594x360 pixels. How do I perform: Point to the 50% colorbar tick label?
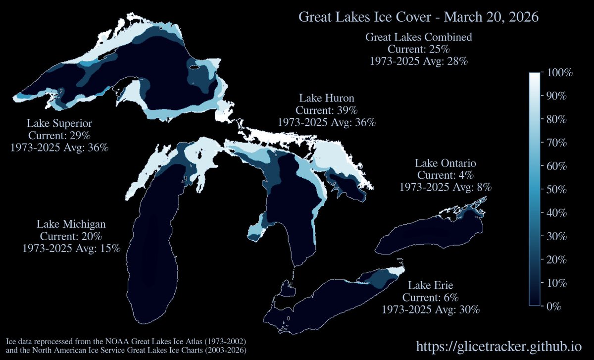pyautogui.click(x=557, y=190)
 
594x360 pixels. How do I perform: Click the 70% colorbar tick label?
pyautogui.click(x=557, y=143)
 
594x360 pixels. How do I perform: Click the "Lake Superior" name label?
pyautogui.click(x=59, y=123)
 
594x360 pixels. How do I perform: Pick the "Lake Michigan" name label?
pyautogui.click(x=71, y=224)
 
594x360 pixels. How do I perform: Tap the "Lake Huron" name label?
pyautogui.click(x=327, y=98)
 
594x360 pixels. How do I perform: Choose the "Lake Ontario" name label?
pyautogui.click(x=445, y=163)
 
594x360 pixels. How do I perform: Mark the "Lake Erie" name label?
pyautogui.click(x=431, y=286)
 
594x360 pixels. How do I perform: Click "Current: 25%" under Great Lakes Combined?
pyautogui.click(x=418, y=50)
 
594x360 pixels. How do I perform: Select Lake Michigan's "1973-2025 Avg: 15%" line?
pyautogui.click(x=71, y=248)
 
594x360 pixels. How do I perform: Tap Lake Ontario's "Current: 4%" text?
pyautogui.click(x=445, y=175)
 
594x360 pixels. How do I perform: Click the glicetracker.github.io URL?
pyautogui.click(x=502, y=346)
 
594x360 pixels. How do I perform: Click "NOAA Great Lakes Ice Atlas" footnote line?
pyautogui.click(x=126, y=342)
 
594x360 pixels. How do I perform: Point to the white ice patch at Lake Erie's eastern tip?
pyautogui.click(x=395, y=271)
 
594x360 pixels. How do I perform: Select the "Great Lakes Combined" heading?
pyautogui.click(x=418, y=37)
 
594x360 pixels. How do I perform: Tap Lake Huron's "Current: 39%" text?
pyautogui.click(x=327, y=109)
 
